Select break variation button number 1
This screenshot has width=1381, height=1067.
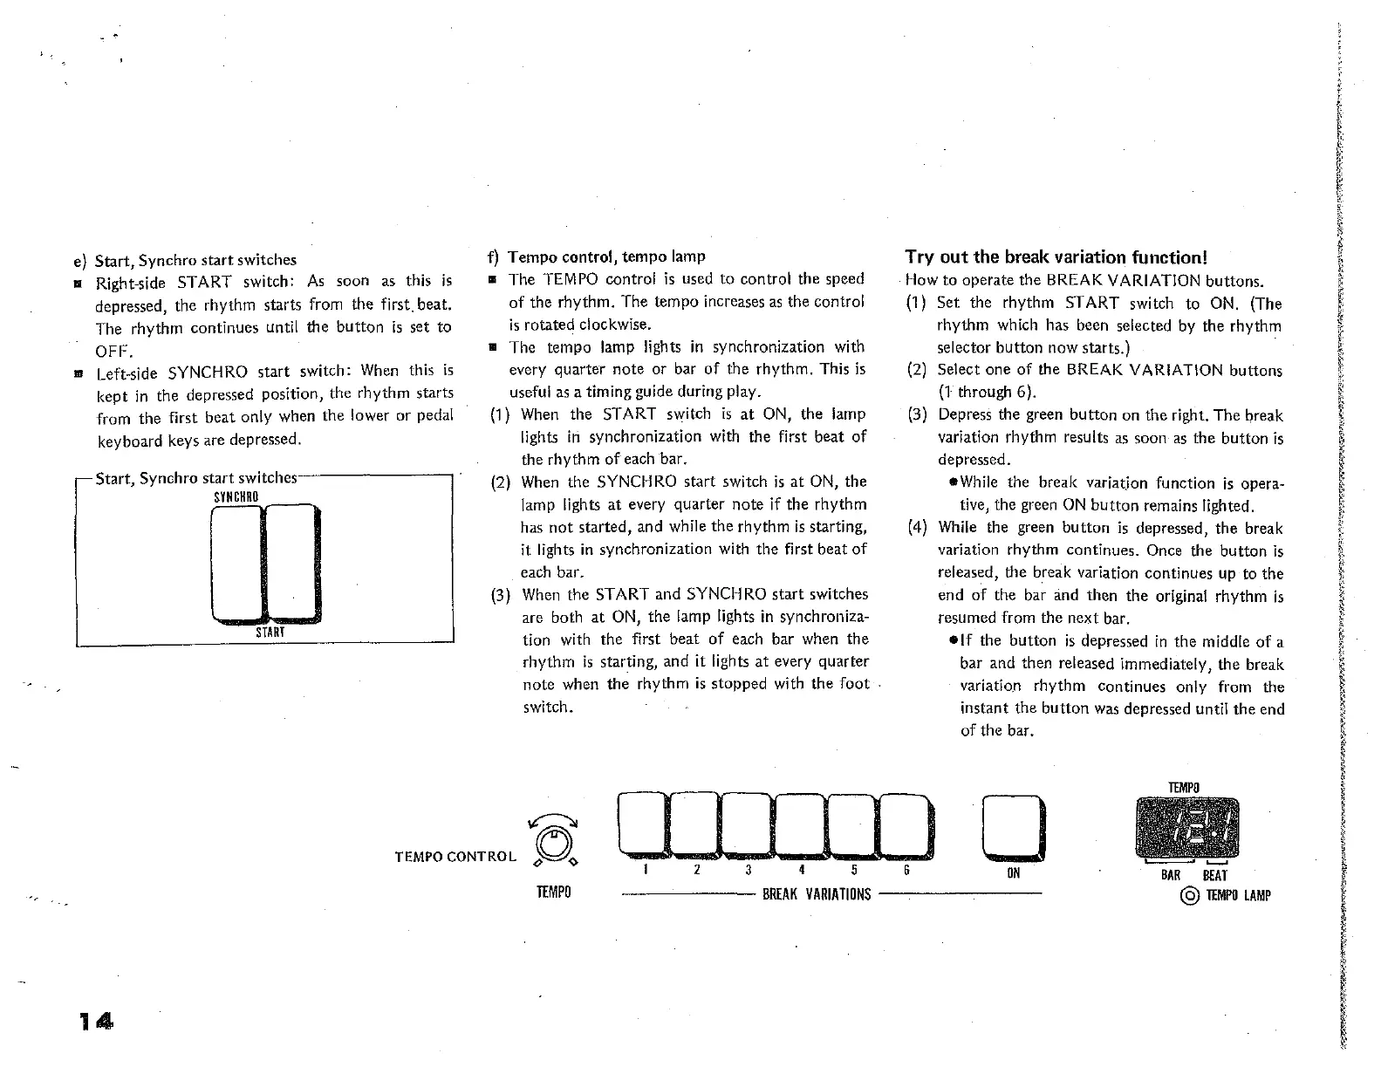[642, 824]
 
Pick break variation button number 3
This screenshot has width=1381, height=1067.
[748, 824]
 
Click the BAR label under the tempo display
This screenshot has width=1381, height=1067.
[1171, 875]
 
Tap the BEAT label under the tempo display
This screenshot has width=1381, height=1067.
[1214, 875]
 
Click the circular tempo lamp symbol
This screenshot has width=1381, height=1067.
[1189, 895]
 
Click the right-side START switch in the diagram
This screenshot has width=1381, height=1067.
[290, 563]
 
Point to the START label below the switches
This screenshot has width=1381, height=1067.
[270, 632]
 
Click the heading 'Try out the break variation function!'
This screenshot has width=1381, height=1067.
[1056, 256]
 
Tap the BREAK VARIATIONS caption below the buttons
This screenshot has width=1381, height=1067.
[817, 894]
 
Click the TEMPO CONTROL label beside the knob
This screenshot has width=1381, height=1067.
[455, 857]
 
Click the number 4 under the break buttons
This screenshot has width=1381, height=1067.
[801, 870]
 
